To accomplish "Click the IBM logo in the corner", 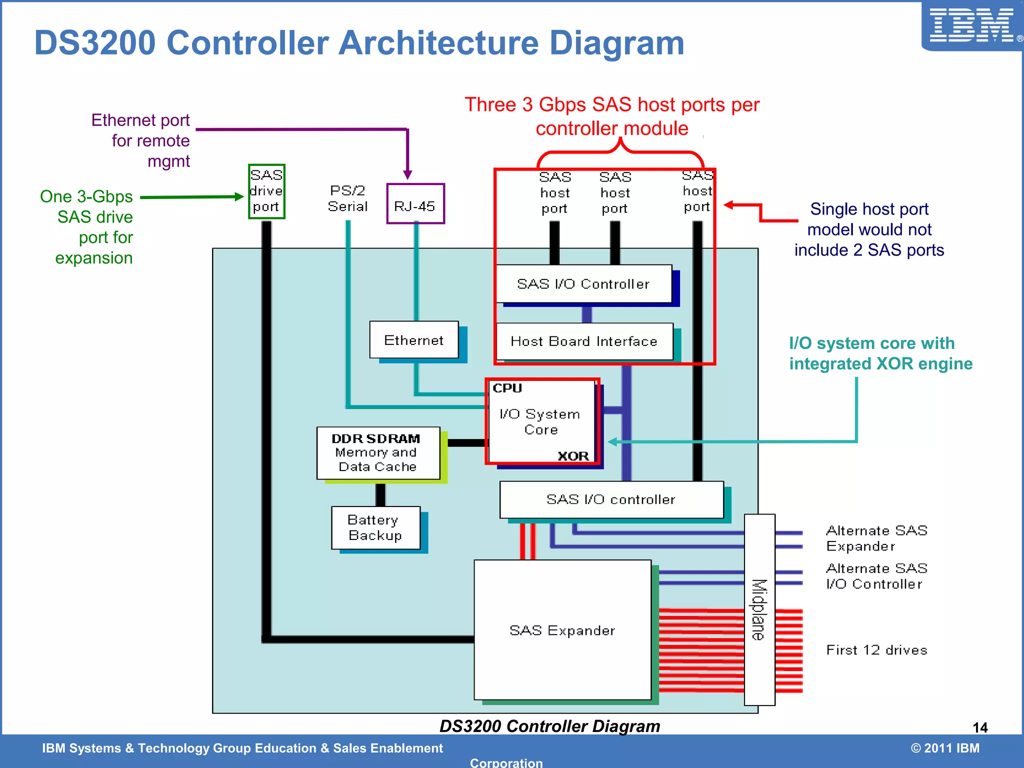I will tap(971, 26).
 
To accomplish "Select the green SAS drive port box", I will tap(266, 191).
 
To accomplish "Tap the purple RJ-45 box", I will tap(415, 204).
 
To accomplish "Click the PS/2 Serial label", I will tap(347, 198).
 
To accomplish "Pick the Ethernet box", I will tap(414, 340).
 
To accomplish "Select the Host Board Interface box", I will tap(584, 341).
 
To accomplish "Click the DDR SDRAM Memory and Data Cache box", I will tap(378, 453).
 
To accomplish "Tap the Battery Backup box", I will tap(375, 528).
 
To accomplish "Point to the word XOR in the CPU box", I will tap(573, 456).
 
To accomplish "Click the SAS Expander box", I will tap(562, 630).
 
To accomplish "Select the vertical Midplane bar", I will tap(759, 609).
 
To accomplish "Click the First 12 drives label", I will tap(876, 650).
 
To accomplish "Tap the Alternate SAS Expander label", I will tap(876, 538).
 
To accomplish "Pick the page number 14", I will tap(980, 727).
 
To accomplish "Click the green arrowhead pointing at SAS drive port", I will tap(239, 197).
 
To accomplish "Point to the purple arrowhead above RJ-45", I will tap(407, 174).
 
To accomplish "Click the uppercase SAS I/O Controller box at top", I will tap(583, 284).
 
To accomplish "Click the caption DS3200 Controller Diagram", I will tap(549, 726).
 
